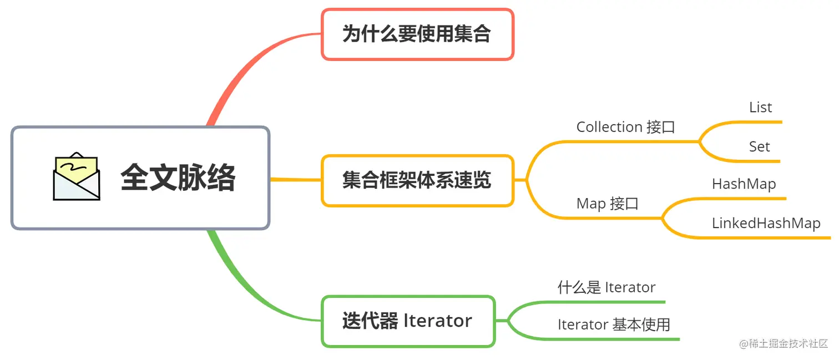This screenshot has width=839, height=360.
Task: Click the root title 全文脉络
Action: click(178, 178)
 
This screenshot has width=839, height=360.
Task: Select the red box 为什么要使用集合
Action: click(417, 34)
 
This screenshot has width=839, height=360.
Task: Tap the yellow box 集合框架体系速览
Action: click(417, 181)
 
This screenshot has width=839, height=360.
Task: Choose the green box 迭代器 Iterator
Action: click(408, 321)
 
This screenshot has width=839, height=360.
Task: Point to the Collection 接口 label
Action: click(625, 127)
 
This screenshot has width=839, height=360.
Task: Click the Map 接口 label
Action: click(608, 204)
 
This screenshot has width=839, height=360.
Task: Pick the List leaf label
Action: click(760, 108)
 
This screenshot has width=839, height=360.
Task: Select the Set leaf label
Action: click(759, 147)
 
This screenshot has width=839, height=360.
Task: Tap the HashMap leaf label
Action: click(744, 184)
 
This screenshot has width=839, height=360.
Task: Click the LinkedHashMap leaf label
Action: click(766, 224)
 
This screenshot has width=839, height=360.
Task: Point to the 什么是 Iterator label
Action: click(606, 287)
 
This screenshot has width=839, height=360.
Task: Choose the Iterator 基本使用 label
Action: click(614, 324)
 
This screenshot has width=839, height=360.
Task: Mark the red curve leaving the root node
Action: click(233, 78)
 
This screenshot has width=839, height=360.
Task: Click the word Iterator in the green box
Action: click(438, 321)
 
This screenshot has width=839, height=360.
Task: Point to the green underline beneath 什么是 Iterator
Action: click(610, 302)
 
